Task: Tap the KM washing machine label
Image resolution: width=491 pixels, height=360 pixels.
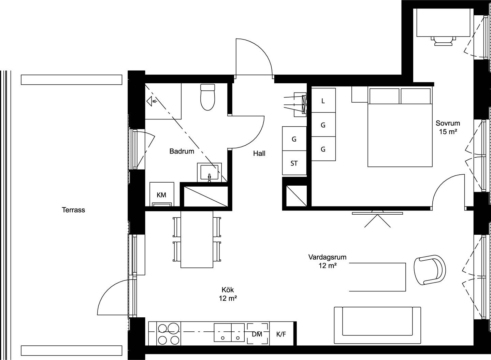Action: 161,195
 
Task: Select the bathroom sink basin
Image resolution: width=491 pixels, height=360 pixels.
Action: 210,172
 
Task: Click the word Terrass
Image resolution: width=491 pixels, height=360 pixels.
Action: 73,210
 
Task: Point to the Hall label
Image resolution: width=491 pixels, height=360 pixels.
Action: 259,153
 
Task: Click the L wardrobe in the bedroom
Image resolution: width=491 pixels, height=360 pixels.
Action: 323,100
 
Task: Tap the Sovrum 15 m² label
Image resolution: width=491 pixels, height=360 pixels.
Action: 448,127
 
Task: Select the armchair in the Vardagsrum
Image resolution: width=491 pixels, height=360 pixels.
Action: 430,270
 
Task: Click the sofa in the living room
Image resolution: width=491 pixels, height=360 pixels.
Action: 377,325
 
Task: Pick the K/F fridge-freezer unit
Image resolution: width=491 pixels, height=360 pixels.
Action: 281,334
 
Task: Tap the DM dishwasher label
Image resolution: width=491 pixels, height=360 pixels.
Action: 257,334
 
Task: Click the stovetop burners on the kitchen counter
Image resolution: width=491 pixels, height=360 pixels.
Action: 169,334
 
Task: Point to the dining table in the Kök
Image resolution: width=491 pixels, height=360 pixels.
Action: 197,239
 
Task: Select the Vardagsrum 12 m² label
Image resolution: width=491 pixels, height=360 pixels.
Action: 328,261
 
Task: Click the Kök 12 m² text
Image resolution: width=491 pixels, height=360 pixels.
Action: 228,294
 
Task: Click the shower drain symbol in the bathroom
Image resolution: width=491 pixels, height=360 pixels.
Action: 152,101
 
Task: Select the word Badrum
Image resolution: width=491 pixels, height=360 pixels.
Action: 182,151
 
